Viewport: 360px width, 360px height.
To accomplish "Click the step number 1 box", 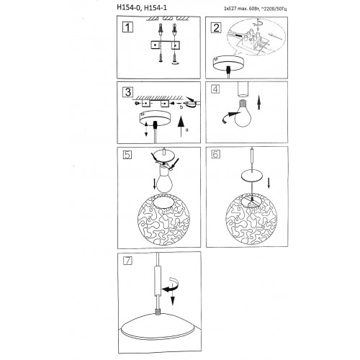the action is coord(127,27).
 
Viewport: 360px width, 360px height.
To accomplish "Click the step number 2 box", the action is coord(216,27).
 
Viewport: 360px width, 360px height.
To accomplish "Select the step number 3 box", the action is coord(127,92).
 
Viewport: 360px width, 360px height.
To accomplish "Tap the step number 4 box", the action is coord(215,89).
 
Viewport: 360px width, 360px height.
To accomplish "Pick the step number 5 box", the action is coord(127,155).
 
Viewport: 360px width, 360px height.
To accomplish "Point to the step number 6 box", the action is coord(215,154).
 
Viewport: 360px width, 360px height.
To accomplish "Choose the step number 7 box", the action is coord(127,261).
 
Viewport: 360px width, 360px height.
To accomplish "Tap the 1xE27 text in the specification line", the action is coord(229,9).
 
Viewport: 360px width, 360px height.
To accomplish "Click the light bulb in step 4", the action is coord(243,113).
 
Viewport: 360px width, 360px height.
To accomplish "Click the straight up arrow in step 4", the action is coord(258,102).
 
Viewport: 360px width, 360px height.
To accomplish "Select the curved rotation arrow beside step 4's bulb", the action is coord(228,117).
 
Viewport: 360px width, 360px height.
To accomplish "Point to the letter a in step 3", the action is coord(187,130).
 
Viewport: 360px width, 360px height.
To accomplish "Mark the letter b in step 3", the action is coord(181,107).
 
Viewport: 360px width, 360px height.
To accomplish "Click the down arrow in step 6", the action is coord(269,184).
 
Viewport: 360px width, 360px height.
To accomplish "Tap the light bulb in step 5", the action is coord(165,180).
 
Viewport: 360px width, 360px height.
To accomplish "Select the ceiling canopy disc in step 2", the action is coord(228,63).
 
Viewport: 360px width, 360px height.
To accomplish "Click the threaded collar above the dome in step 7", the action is coord(158,312).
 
